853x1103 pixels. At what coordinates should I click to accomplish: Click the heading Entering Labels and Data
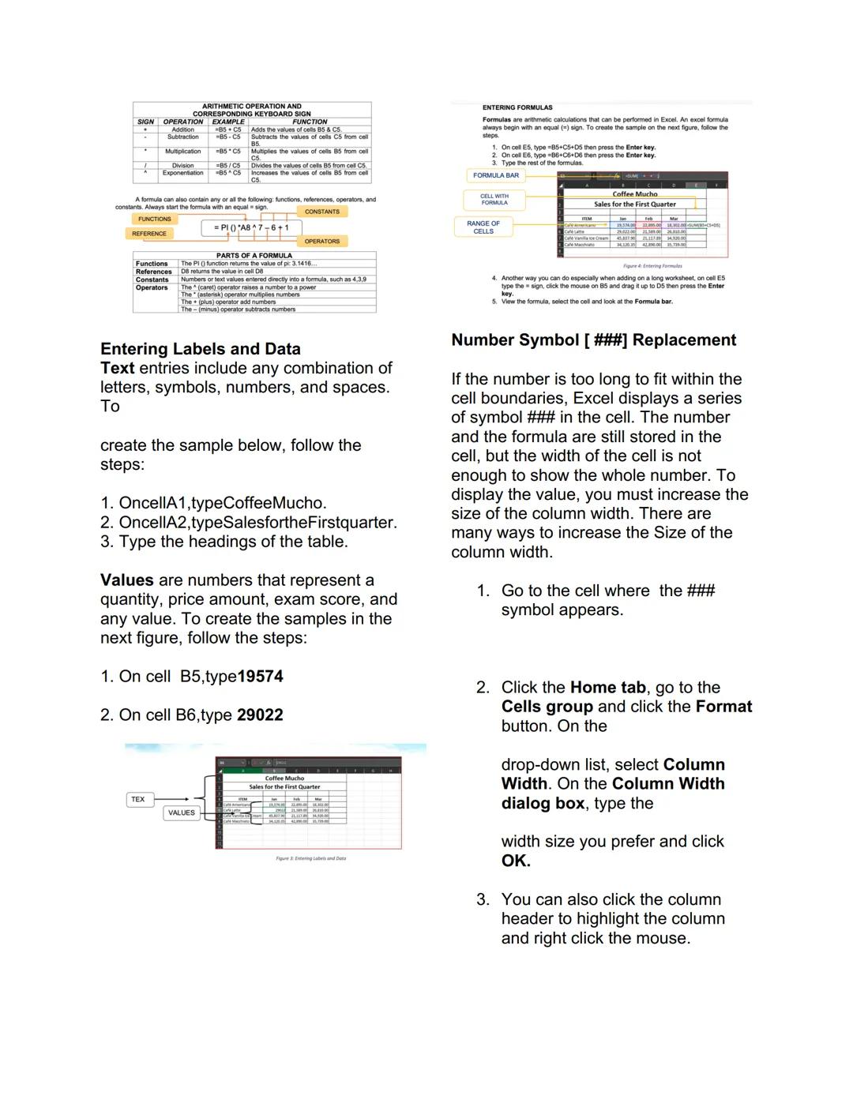click(x=200, y=349)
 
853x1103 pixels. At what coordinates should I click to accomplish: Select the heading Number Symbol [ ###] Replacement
click(x=593, y=340)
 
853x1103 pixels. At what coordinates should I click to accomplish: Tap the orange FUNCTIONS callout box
click(x=155, y=219)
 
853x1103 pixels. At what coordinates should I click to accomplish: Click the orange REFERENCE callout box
click(x=149, y=234)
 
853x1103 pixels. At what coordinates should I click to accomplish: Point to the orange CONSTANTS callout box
click(x=322, y=212)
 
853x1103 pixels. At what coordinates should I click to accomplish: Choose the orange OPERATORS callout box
click(x=322, y=241)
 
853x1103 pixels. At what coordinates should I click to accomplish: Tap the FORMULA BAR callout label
click(x=496, y=175)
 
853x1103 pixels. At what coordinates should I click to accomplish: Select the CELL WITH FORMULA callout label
click(x=494, y=199)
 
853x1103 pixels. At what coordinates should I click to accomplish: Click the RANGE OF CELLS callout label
click(x=483, y=227)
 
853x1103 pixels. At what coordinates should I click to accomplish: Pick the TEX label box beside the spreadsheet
click(x=138, y=799)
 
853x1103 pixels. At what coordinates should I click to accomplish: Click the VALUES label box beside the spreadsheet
click(x=181, y=812)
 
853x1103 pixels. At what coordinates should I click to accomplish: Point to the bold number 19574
click(x=260, y=677)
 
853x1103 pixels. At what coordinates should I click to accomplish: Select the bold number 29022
click(x=260, y=715)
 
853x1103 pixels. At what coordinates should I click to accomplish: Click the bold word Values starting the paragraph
click(x=126, y=580)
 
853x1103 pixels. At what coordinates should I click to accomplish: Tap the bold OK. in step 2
click(x=516, y=861)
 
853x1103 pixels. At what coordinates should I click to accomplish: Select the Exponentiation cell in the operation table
click(x=182, y=173)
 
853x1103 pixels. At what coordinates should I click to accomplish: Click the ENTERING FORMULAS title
click(x=517, y=107)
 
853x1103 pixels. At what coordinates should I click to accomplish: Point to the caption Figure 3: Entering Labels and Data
click(x=310, y=858)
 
